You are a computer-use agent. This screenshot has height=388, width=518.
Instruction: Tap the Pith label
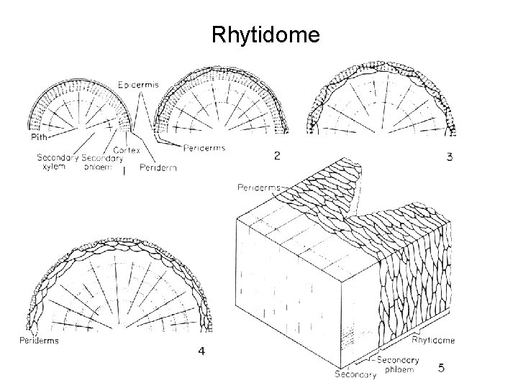(x=38, y=136)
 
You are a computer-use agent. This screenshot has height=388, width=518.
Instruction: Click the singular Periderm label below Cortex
(x=158, y=167)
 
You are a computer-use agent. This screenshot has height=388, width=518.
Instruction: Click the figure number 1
(x=124, y=172)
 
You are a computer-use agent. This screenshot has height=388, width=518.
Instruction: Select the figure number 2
(x=277, y=154)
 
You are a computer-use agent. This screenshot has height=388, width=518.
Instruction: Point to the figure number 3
(x=449, y=156)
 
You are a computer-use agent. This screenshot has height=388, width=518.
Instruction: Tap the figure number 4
(x=201, y=351)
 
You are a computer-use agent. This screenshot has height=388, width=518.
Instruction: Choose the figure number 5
(x=441, y=368)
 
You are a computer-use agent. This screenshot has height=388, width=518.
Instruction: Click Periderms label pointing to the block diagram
(x=257, y=188)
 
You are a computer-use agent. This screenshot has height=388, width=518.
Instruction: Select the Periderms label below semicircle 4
(x=40, y=340)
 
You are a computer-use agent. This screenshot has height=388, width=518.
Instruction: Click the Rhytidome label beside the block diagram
(x=432, y=339)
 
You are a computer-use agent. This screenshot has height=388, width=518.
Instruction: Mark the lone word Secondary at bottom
(x=356, y=374)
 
